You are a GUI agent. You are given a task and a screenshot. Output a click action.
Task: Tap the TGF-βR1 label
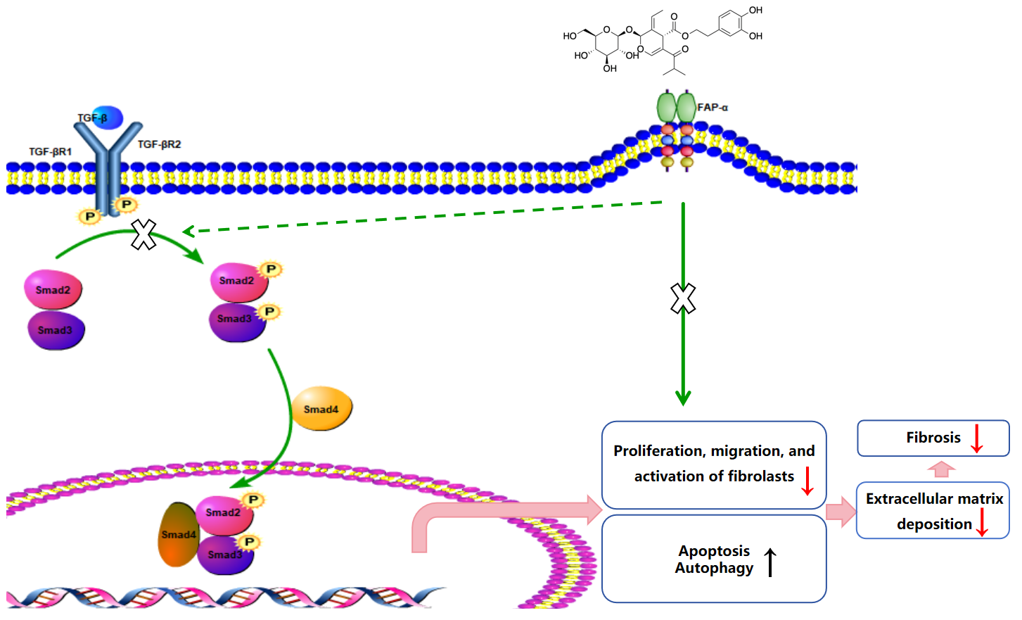point(50,151)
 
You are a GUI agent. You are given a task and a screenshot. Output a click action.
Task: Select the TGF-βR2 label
point(159,144)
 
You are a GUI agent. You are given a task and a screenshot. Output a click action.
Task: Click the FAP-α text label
point(713,108)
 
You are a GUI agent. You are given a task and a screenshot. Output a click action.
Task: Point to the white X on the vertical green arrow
point(683,298)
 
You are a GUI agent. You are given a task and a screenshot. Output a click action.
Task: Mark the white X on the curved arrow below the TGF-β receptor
point(144,234)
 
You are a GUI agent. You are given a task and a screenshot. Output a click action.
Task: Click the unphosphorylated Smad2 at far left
point(53,290)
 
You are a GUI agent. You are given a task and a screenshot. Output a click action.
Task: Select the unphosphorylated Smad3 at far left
point(56,330)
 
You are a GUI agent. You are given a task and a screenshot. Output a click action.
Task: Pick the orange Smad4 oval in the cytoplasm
point(321,408)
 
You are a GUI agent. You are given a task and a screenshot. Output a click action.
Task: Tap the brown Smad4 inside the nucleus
point(178,535)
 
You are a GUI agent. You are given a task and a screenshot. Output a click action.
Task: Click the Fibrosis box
point(933,438)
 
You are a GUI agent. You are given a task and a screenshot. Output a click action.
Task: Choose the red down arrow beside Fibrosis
point(976,438)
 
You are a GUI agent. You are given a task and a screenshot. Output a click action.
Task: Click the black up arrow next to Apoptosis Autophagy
point(771,562)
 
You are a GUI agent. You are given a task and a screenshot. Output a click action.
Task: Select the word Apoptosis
point(714,551)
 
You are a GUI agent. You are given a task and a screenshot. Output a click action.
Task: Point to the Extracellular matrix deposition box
point(933,511)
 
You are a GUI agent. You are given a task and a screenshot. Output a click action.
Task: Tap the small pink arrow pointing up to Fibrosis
point(941,469)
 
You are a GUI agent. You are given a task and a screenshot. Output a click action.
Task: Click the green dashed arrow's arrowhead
point(189,232)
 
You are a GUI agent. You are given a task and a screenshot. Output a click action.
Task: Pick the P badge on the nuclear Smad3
point(248,542)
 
